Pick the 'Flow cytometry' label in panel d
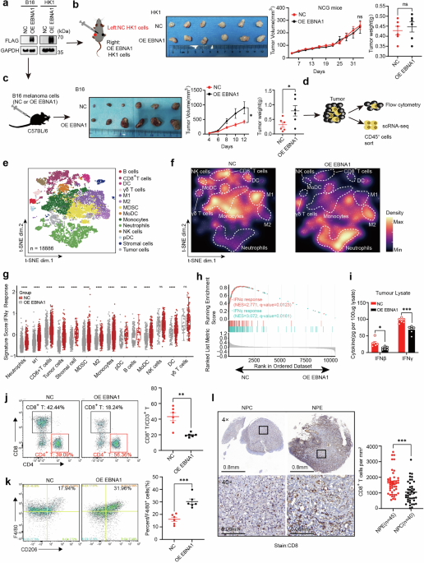(x=396, y=108)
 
